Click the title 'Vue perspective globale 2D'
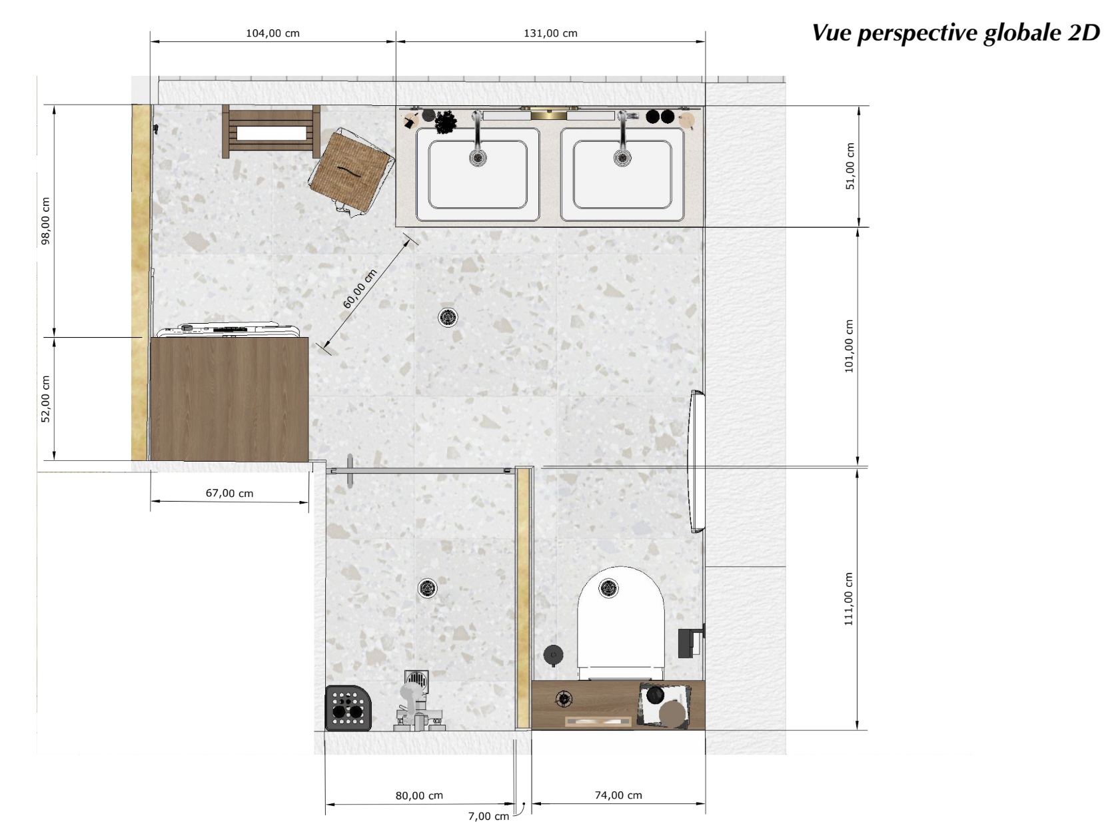(955, 33)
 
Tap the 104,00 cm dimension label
(273, 33)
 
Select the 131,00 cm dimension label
(550, 33)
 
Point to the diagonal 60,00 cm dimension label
(360, 289)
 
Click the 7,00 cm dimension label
(488, 816)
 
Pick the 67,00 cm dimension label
(229, 494)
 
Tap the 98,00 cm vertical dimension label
(45, 220)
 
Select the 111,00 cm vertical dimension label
(849, 599)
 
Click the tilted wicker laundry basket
(352, 171)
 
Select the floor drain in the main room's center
(448, 317)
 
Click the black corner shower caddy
(348, 707)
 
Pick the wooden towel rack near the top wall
(271, 131)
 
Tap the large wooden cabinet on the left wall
(229, 398)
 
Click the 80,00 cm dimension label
(419, 795)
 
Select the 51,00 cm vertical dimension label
(849, 167)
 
